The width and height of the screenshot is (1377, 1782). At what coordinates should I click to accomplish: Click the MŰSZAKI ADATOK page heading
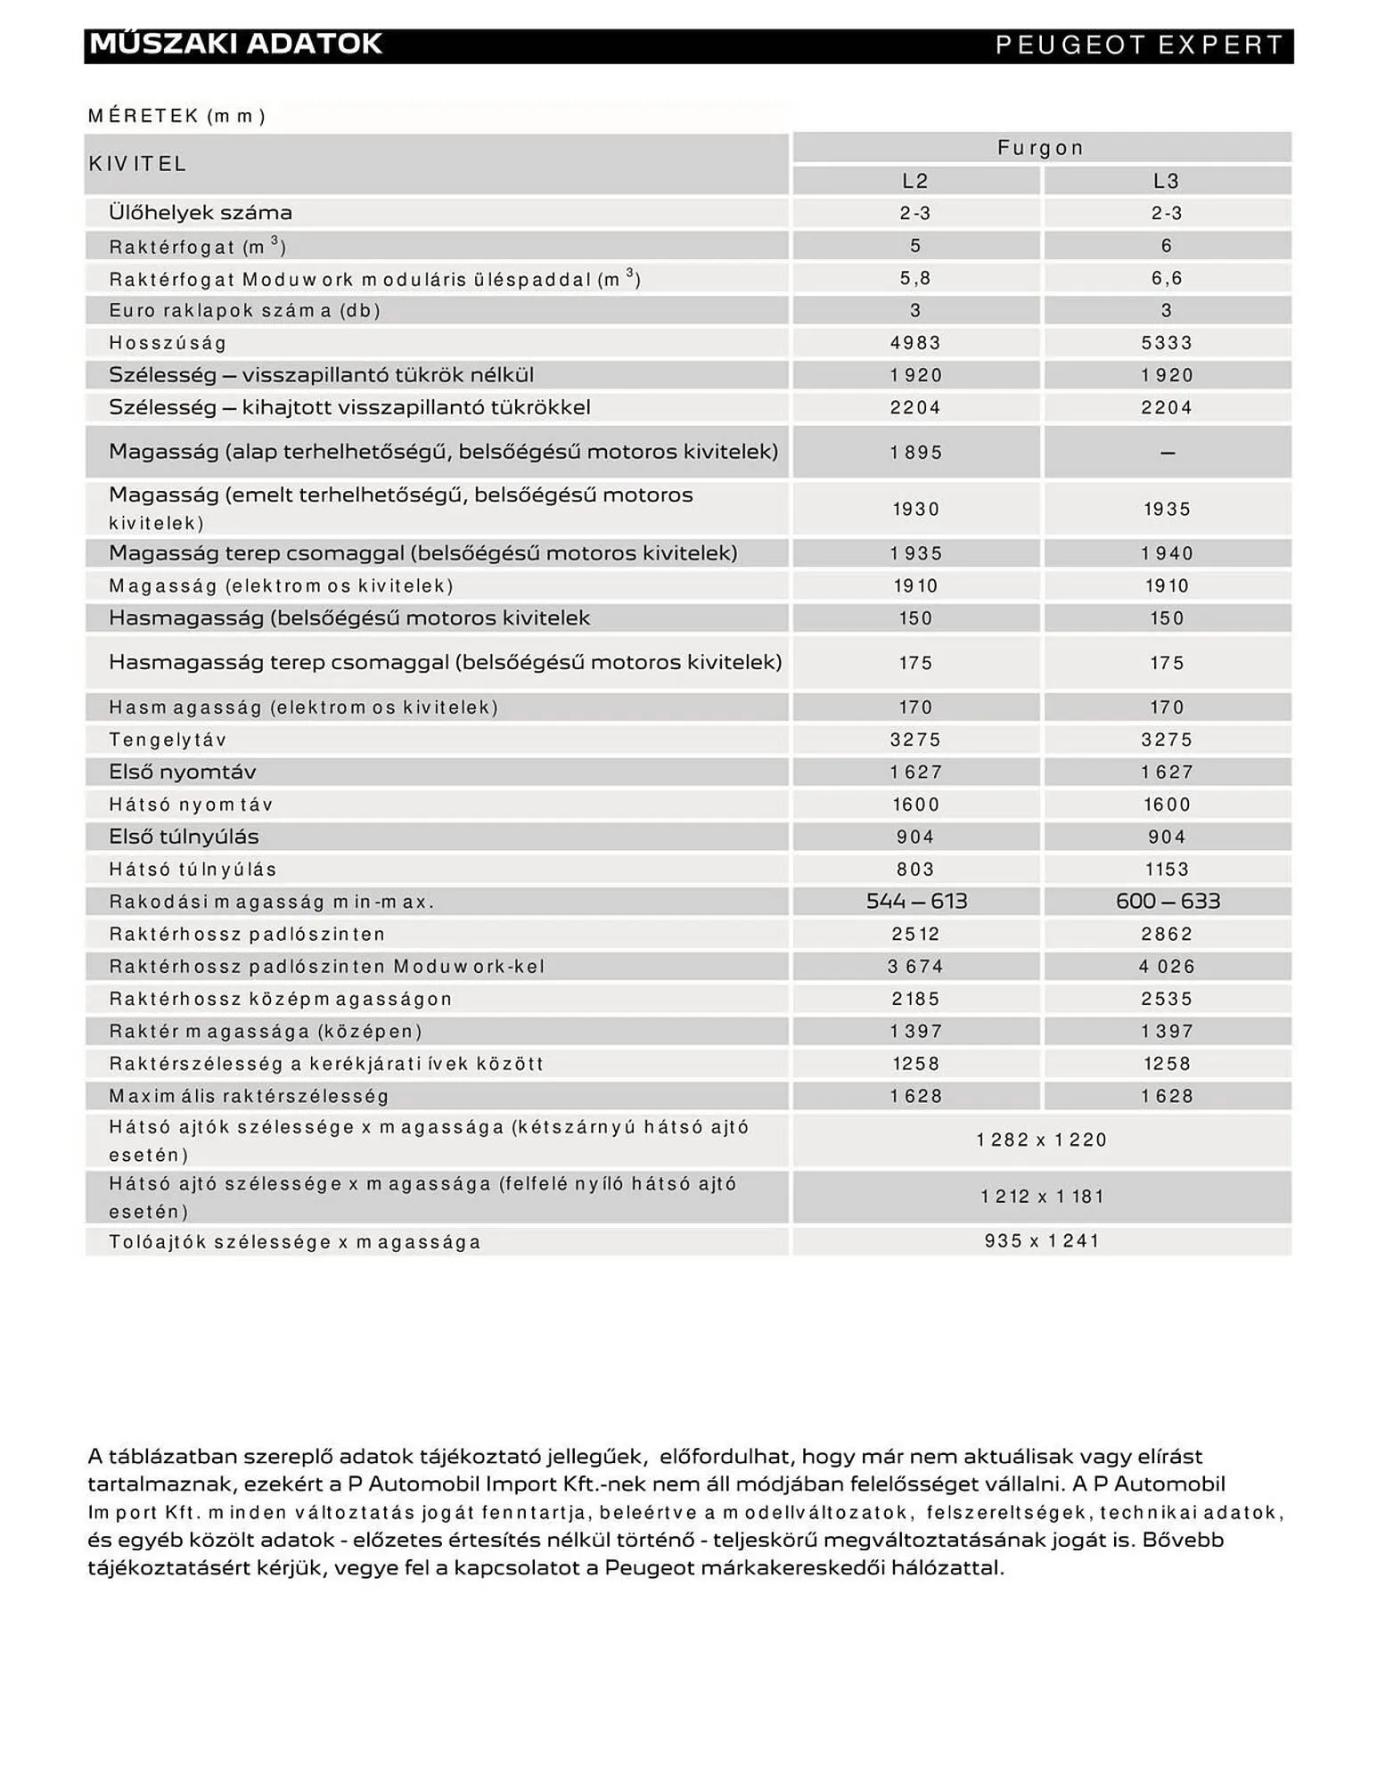[235, 44]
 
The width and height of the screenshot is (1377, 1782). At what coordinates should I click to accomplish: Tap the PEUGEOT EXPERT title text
[1139, 45]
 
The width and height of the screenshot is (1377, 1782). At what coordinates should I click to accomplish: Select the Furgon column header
[1040, 148]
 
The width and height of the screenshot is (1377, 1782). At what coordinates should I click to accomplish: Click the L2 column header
[915, 181]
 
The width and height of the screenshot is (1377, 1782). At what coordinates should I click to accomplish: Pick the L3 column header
[1167, 181]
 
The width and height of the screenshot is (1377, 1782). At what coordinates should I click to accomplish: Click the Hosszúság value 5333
[1167, 343]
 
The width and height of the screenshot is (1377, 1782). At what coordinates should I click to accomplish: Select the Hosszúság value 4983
[915, 343]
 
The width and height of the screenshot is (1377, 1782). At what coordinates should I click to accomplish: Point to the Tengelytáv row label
[168, 740]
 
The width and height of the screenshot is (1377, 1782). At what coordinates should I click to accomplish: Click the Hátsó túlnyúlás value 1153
[1167, 870]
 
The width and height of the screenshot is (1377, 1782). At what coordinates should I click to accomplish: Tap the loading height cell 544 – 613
[916, 902]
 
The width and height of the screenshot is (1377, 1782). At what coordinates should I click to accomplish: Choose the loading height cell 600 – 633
[1168, 902]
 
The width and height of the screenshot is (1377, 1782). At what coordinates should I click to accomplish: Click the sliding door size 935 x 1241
[1042, 1241]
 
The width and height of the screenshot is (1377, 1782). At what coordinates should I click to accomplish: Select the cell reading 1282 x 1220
[1042, 1140]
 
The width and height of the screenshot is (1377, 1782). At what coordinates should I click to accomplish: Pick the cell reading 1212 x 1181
[1042, 1197]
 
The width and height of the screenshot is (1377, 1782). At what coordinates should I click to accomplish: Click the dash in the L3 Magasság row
[1168, 454]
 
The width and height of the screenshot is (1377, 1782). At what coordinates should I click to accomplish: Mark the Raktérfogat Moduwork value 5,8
[915, 279]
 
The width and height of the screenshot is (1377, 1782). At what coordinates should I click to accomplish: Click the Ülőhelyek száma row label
[201, 213]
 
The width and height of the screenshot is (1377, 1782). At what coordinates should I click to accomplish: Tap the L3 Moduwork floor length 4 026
[1167, 967]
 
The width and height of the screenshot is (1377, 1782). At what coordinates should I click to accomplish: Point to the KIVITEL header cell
[137, 164]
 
